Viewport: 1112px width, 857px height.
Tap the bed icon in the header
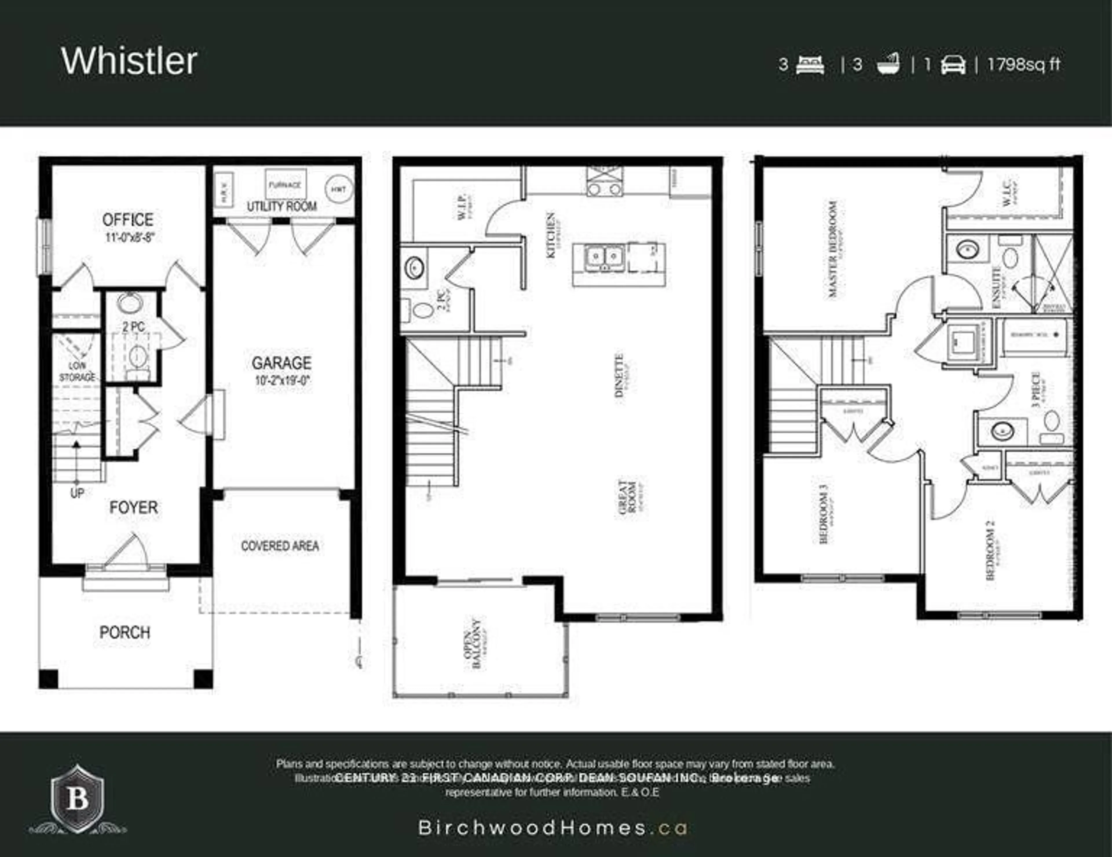[x=810, y=65]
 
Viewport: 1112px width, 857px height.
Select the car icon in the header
[x=953, y=65]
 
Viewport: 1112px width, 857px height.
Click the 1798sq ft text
[x=1024, y=65]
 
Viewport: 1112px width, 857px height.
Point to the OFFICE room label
[x=127, y=220]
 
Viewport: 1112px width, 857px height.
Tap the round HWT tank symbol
[x=339, y=189]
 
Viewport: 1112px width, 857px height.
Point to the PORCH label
[x=125, y=633]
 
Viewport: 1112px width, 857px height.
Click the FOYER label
[x=133, y=507]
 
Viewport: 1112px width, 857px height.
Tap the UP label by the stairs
[x=77, y=493]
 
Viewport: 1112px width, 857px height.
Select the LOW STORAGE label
[x=77, y=371]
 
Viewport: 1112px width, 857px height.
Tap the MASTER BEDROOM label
[x=833, y=249]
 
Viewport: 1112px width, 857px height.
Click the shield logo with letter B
[x=77, y=799]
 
